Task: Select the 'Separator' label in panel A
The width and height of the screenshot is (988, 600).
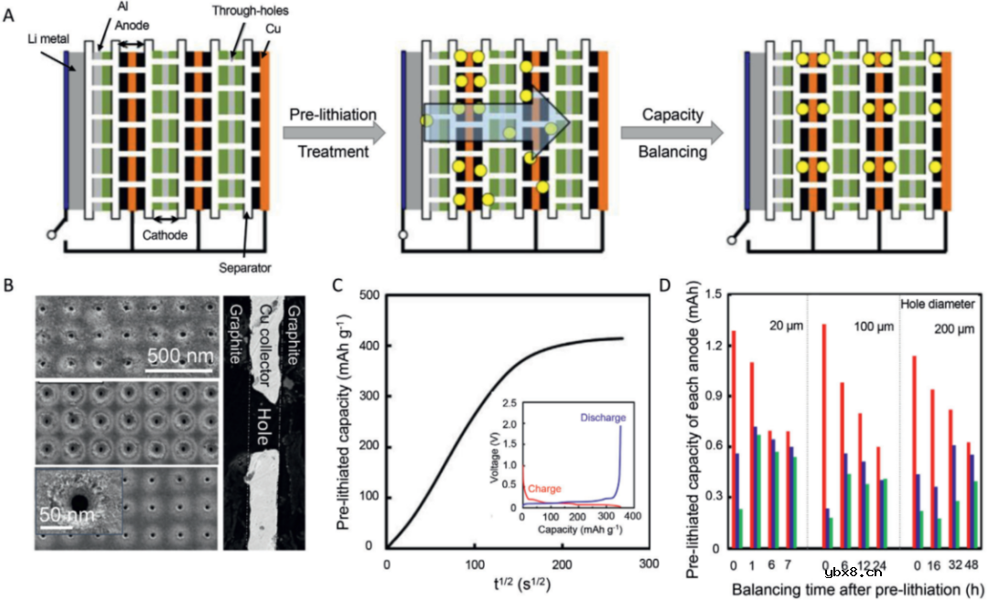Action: coord(245,268)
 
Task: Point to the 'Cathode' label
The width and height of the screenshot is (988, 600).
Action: coord(165,235)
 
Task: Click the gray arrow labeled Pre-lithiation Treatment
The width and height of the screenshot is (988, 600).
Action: coord(329,134)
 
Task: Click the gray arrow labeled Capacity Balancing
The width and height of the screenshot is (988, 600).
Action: coord(671,134)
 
